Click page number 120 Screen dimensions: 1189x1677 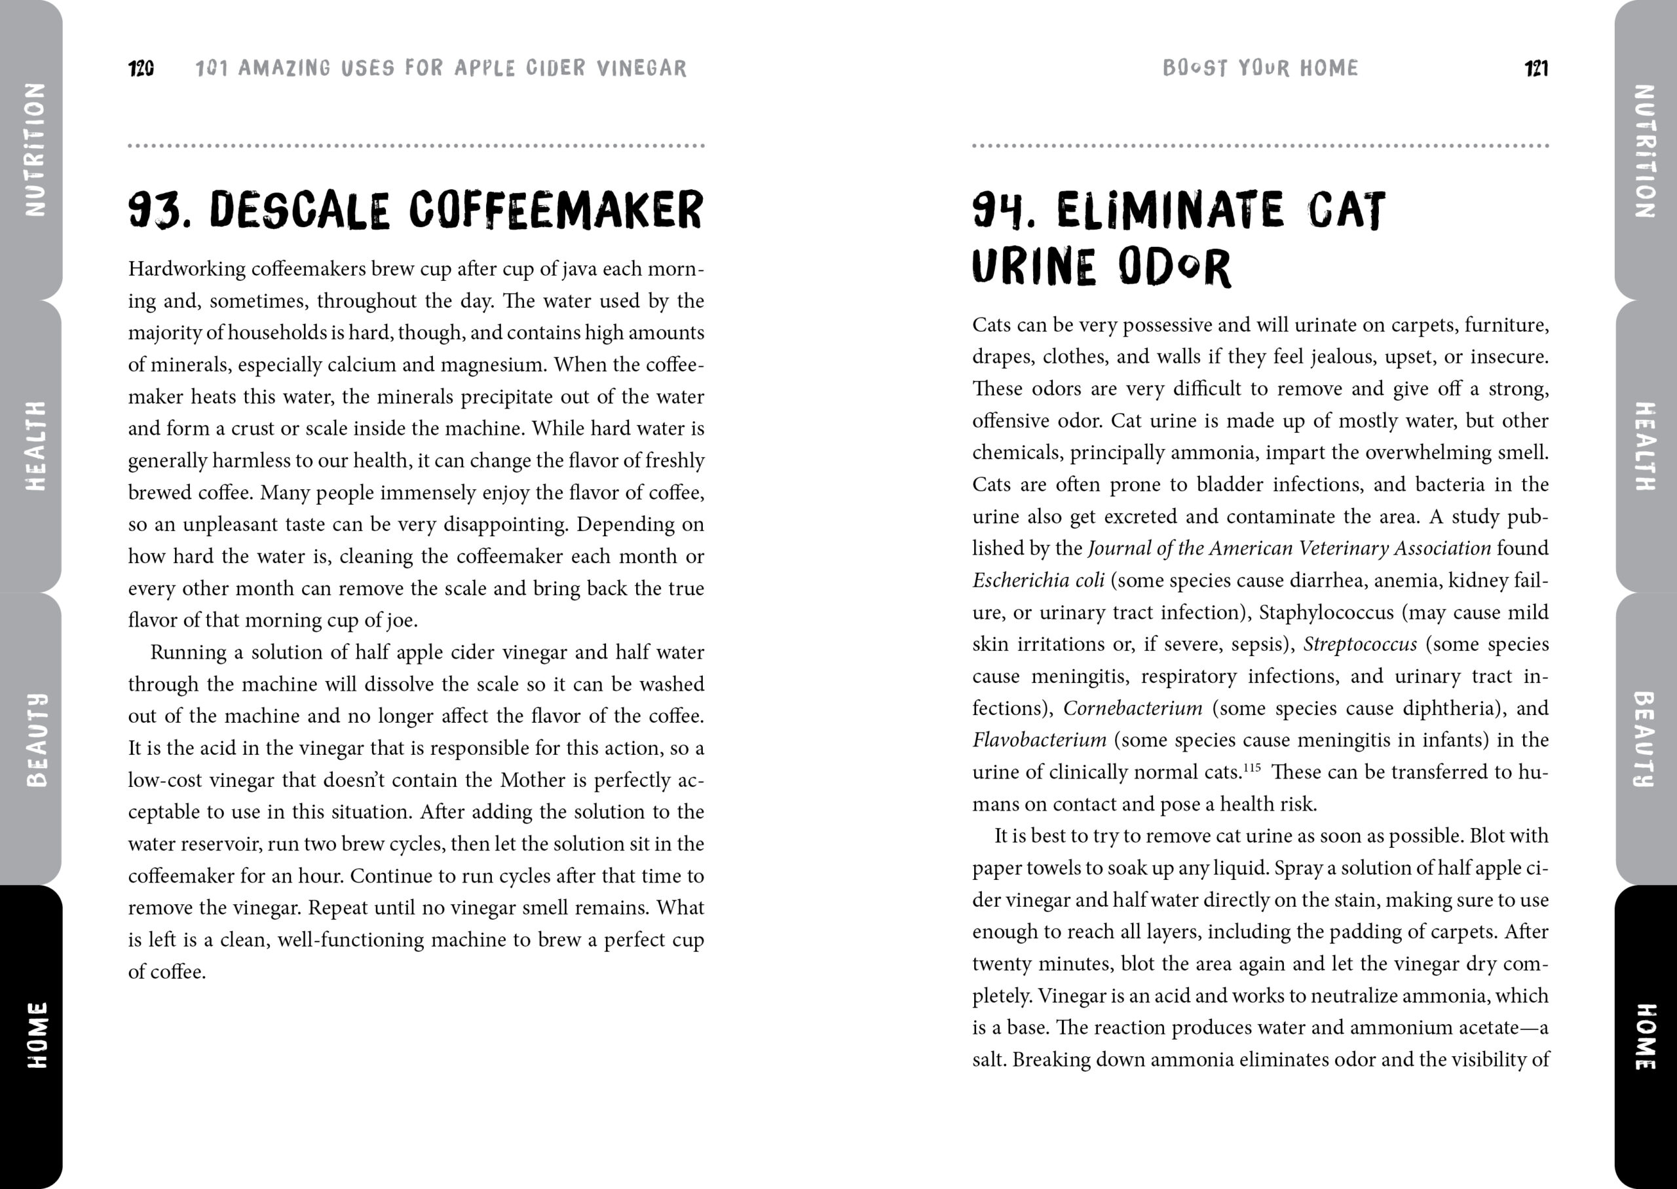141,69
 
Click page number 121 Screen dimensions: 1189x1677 1536,69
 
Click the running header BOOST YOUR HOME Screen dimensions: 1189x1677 1260,68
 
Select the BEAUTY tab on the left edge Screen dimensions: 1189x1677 35,739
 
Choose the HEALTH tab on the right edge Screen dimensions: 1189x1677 1644,446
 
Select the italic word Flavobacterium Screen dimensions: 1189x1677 1038,741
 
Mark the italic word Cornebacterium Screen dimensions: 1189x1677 1132,708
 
